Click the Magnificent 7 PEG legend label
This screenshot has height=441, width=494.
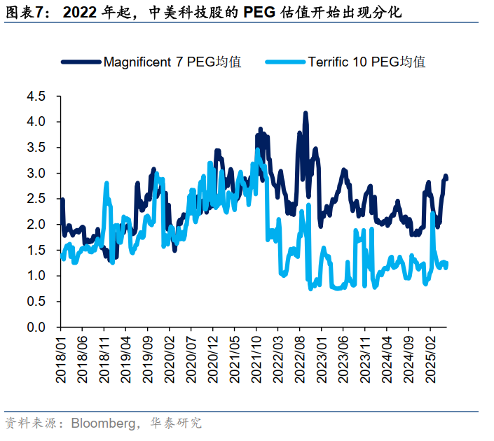(172, 62)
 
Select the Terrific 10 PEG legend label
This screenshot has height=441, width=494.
(366, 62)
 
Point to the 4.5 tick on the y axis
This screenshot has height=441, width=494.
(35, 97)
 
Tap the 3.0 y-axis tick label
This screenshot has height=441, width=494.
(35, 174)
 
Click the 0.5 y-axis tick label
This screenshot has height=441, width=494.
(35, 302)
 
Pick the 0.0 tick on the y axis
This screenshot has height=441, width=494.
(35, 328)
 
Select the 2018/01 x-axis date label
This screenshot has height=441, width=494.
(60, 357)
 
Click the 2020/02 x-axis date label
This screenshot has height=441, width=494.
(169, 357)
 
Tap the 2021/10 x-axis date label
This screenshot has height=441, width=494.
(256, 357)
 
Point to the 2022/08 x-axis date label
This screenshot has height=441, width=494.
(299, 357)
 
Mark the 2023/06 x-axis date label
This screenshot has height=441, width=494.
(343, 357)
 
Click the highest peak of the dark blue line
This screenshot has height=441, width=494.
(305, 113)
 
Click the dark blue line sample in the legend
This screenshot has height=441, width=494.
(81, 62)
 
